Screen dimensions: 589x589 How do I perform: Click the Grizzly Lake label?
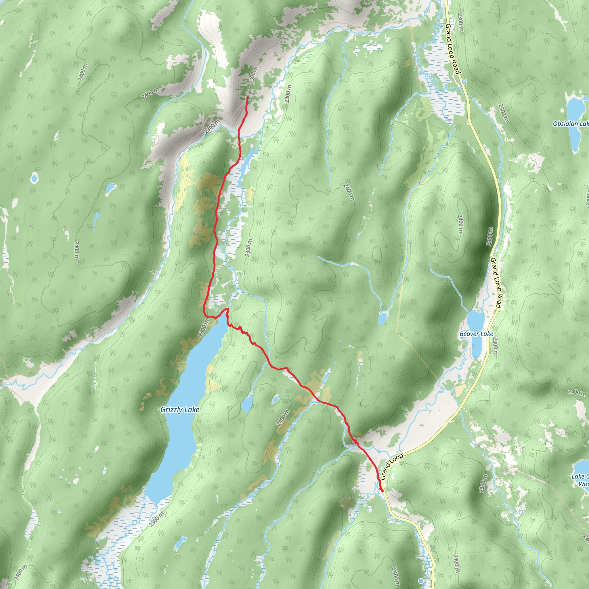pos(180,410)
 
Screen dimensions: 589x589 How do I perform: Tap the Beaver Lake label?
pos(476,334)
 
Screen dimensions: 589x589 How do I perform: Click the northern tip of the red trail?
pos(247,96)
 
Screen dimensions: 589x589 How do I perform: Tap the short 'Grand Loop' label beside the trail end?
pos(391,467)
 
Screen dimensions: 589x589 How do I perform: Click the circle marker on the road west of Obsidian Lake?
pos(464,82)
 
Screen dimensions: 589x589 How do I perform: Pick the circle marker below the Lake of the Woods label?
pos(521,512)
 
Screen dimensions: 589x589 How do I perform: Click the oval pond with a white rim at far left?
pos(34,178)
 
